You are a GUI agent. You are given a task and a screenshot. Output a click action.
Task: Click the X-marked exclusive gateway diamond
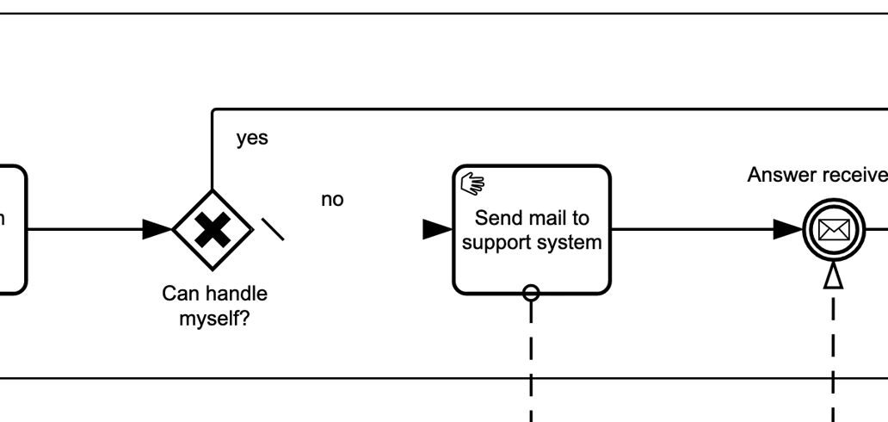[212, 229]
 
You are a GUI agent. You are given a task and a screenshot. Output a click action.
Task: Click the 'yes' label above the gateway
[252, 139]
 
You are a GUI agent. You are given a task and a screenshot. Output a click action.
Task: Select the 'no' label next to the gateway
[332, 200]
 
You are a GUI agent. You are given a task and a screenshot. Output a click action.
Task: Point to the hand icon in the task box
[473, 183]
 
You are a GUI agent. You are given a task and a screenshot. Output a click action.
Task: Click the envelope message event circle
[832, 229]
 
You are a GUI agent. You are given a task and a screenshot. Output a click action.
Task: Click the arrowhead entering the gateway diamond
[158, 229]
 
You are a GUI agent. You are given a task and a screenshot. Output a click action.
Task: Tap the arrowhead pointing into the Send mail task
[437, 229]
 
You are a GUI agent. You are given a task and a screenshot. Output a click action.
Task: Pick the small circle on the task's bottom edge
[531, 293]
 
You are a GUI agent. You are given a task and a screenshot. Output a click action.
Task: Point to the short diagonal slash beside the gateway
[273, 228]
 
